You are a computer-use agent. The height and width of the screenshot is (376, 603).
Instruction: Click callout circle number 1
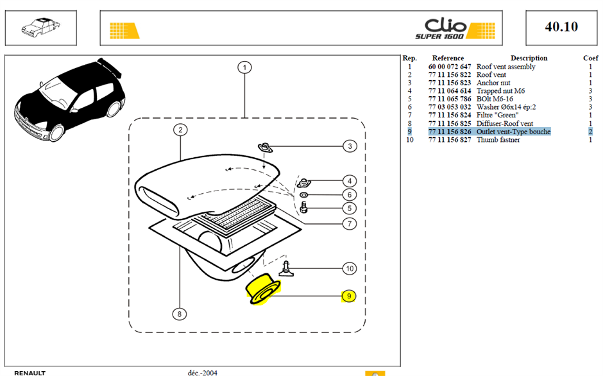pyautogui.click(x=244, y=68)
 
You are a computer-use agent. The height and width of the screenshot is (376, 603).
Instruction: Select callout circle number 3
pyautogui.click(x=350, y=146)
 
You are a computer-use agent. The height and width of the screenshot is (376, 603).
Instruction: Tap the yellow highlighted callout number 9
pyautogui.click(x=349, y=296)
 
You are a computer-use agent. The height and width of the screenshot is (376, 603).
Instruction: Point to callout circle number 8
pyautogui.click(x=179, y=314)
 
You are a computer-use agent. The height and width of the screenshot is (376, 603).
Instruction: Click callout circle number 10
pyautogui.click(x=350, y=269)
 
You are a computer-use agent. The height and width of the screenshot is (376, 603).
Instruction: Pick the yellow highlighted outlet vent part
pyautogui.click(x=263, y=289)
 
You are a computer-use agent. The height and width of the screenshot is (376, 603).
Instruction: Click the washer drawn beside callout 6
pyautogui.click(x=304, y=194)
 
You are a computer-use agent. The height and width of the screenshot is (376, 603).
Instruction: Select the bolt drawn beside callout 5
pyautogui.click(x=303, y=207)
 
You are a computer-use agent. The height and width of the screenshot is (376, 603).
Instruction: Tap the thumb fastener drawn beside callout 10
pyautogui.click(x=286, y=269)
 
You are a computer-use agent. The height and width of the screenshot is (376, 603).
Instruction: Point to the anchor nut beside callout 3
pyautogui.click(x=265, y=148)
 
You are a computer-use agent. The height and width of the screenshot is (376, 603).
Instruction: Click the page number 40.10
pyautogui.click(x=561, y=26)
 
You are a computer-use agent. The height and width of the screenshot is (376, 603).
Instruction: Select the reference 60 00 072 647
pyautogui.click(x=450, y=67)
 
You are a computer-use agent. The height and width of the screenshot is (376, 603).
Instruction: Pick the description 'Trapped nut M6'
pyautogui.click(x=500, y=91)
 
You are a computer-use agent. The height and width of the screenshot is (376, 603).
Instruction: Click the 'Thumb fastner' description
pyautogui.click(x=498, y=140)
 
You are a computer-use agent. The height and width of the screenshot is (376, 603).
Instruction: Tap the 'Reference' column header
pyautogui.click(x=448, y=58)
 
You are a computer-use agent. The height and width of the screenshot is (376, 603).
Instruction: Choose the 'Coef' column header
pyautogui.click(x=590, y=58)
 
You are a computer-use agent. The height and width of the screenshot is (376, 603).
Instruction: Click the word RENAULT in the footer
pyautogui.click(x=30, y=373)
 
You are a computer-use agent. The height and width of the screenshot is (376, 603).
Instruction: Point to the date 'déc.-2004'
pyautogui.click(x=202, y=373)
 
